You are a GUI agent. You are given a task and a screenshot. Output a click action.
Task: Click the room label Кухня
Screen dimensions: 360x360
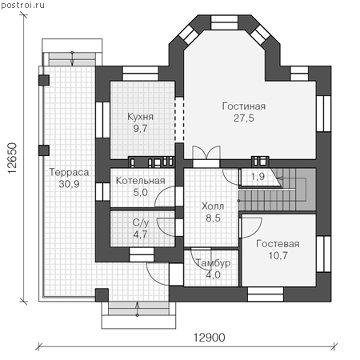tap(140, 117)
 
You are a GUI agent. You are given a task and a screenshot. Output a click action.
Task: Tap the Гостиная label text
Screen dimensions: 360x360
tap(244, 106)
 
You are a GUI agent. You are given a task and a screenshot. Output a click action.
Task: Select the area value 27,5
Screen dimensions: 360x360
tap(244, 118)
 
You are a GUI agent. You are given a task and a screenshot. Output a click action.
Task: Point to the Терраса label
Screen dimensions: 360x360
tap(69, 172)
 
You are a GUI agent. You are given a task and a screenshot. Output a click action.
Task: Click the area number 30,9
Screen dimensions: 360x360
tap(69, 184)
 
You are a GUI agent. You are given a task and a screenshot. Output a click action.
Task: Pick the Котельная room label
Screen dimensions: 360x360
tap(140, 181)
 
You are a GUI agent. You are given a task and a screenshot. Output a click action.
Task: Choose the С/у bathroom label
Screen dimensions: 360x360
tap(141, 223)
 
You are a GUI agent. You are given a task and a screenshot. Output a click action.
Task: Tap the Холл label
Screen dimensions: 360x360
tap(213, 206)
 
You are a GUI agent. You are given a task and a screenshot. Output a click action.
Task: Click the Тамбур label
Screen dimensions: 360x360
tap(213, 263)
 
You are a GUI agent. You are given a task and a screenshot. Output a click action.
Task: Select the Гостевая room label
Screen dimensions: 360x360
tap(278, 244)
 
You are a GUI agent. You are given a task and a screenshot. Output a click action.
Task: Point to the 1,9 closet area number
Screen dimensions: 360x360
tap(258, 176)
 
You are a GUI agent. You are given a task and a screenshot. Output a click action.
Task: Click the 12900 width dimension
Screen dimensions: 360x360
tap(209, 338)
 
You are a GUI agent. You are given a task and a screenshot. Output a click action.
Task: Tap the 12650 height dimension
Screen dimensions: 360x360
tap(13, 158)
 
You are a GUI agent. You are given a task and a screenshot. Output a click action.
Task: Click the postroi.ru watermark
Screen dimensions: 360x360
tap(22, 5)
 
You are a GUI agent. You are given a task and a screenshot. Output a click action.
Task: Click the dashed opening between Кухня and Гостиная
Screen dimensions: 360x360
tap(179, 120)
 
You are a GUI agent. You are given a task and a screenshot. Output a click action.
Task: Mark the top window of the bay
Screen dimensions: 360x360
tap(224, 22)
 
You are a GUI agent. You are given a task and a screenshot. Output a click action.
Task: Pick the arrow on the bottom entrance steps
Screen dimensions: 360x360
tap(138, 310)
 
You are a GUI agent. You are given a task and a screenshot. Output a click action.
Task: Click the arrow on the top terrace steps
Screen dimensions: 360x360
tap(72, 58)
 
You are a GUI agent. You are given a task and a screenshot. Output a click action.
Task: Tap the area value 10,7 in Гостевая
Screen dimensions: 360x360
tap(278, 256)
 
